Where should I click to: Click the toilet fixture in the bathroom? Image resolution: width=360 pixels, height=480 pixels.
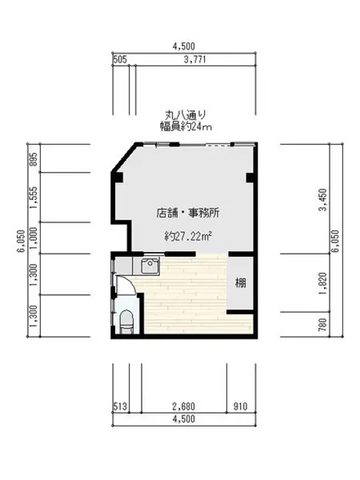tap(126, 322)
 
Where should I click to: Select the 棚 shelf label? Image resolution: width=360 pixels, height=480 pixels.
tap(241, 282)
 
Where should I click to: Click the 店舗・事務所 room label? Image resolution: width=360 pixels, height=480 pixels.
tap(188, 213)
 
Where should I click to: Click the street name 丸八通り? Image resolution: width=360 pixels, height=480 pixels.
tap(186, 115)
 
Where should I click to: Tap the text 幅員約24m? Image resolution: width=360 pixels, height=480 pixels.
tap(186, 126)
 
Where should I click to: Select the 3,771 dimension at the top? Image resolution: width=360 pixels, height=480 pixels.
tap(194, 59)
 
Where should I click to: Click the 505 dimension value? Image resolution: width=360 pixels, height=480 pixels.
tap(120, 59)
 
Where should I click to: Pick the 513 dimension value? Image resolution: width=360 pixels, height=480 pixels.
tap(120, 406)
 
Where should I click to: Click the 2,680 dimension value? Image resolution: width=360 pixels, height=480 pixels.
tap(184, 406)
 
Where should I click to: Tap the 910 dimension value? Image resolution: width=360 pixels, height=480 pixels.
tap(240, 406)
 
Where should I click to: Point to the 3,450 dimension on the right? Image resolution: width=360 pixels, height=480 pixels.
tap(322, 199)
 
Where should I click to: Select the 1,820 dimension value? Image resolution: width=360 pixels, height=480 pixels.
tap(322, 283)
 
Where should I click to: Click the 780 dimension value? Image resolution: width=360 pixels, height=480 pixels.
tap(322, 325)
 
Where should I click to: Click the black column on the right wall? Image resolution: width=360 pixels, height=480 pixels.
tap(250, 178)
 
